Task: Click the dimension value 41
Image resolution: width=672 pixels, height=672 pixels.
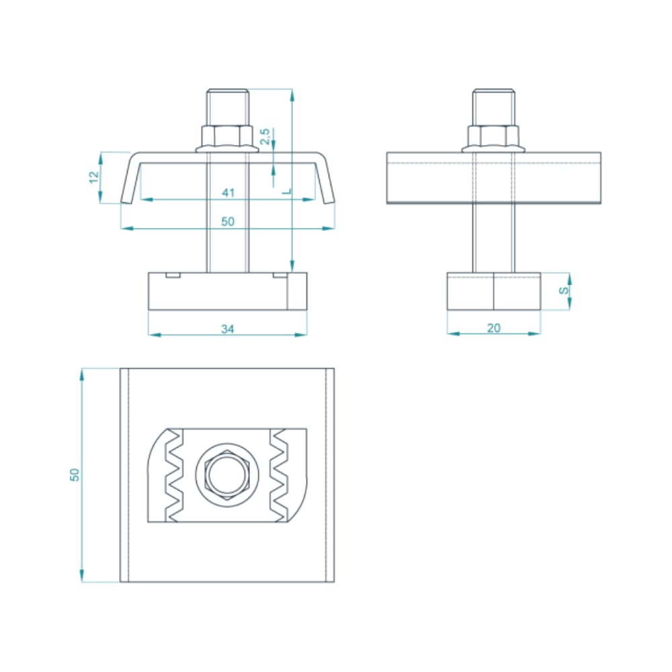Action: click(228, 192)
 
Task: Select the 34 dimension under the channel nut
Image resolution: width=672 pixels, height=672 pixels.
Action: click(228, 329)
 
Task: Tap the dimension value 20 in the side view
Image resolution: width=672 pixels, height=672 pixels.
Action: click(494, 328)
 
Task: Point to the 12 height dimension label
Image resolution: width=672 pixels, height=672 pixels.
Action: click(94, 177)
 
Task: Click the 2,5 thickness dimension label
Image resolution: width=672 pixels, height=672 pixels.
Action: click(265, 136)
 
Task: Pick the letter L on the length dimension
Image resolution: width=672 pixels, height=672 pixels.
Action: click(287, 191)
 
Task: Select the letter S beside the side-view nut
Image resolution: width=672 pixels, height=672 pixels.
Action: click(564, 290)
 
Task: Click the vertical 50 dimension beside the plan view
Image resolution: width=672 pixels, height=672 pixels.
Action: click(75, 474)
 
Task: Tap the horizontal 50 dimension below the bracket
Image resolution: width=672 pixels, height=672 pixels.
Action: click(228, 221)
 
